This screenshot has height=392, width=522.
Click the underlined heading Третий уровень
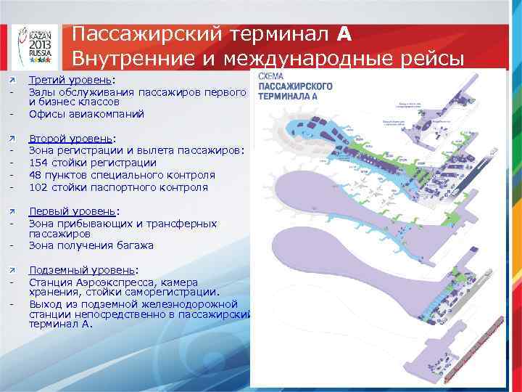72,81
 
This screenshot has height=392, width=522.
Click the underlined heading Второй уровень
70,139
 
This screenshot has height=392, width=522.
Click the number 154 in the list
38,163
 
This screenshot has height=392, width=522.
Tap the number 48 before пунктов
36,175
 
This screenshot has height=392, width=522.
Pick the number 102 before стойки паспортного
38,187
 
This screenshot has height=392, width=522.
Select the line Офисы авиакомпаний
86,114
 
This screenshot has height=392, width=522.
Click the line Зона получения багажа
91,245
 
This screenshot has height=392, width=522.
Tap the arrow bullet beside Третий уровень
12,81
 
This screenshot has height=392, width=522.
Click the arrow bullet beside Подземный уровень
12,270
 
